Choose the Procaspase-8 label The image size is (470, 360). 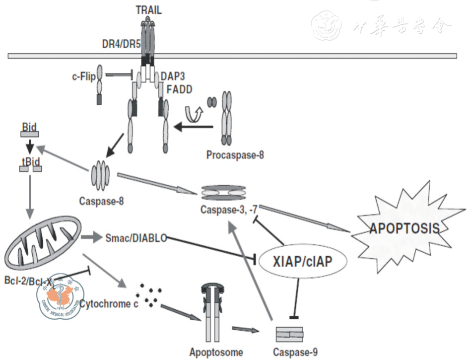coord(235,154)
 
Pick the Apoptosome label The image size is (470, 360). coord(216,353)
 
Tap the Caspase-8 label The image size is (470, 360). coord(101,202)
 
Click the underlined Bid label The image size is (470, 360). coord(30,127)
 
